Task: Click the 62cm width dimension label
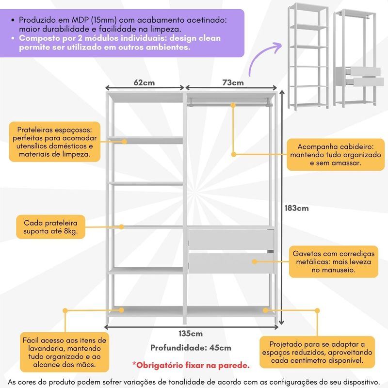pos(145,82)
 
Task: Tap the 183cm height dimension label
pos(296,208)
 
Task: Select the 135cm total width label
pos(190,333)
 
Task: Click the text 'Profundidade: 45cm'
pos(191,348)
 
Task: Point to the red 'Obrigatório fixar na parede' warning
pos(191,365)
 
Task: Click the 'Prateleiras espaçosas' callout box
pos(54,142)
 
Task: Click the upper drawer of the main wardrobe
pos(231,239)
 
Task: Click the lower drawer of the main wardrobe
pos(231,262)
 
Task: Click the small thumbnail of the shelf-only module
pos(308,57)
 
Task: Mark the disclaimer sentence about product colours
pos(194,381)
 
